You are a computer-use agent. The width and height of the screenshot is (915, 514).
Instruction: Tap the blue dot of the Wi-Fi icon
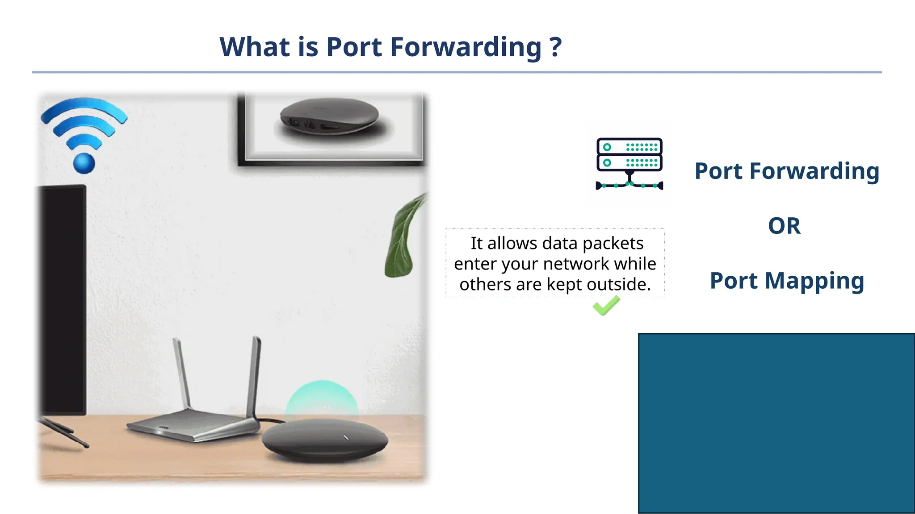pos(84,163)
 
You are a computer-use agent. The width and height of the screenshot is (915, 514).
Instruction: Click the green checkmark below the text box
pos(606,306)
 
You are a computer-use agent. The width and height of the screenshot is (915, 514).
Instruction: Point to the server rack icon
pos(629,163)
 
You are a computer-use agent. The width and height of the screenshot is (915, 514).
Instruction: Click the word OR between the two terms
pos(784,226)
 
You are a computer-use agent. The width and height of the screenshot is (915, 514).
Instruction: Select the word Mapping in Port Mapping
pos(814,281)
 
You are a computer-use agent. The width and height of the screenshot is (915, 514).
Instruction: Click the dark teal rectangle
pos(776,423)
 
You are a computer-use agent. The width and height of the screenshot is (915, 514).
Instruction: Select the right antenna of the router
pos(254,375)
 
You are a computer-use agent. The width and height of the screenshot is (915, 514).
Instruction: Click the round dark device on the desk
pos(325,440)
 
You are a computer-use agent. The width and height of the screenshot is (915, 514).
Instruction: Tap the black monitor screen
pos(63,299)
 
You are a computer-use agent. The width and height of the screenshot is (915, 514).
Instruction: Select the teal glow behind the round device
pos(322,397)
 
